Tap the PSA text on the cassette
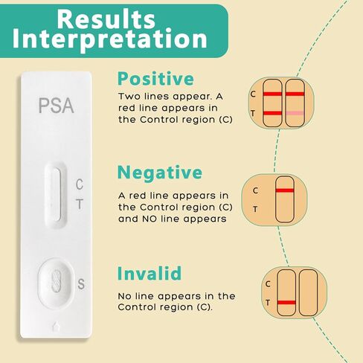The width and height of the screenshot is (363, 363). tap(56, 106)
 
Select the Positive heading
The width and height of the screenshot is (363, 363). tap(156, 79)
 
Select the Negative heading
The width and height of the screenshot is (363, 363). tap(160, 173)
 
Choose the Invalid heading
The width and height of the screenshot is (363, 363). tap(150, 273)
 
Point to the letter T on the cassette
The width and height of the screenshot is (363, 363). tap(80, 203)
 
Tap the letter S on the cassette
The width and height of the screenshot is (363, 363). tap(81, 283)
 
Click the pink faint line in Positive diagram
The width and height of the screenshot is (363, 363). tap(295, 112)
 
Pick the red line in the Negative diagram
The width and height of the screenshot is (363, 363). tap(285, 191)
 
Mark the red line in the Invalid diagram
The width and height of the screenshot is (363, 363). tap(286, 303)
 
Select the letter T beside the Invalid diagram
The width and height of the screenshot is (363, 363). tap(268, 302)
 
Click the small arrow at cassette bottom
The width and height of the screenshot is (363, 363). tap(57, 327)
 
